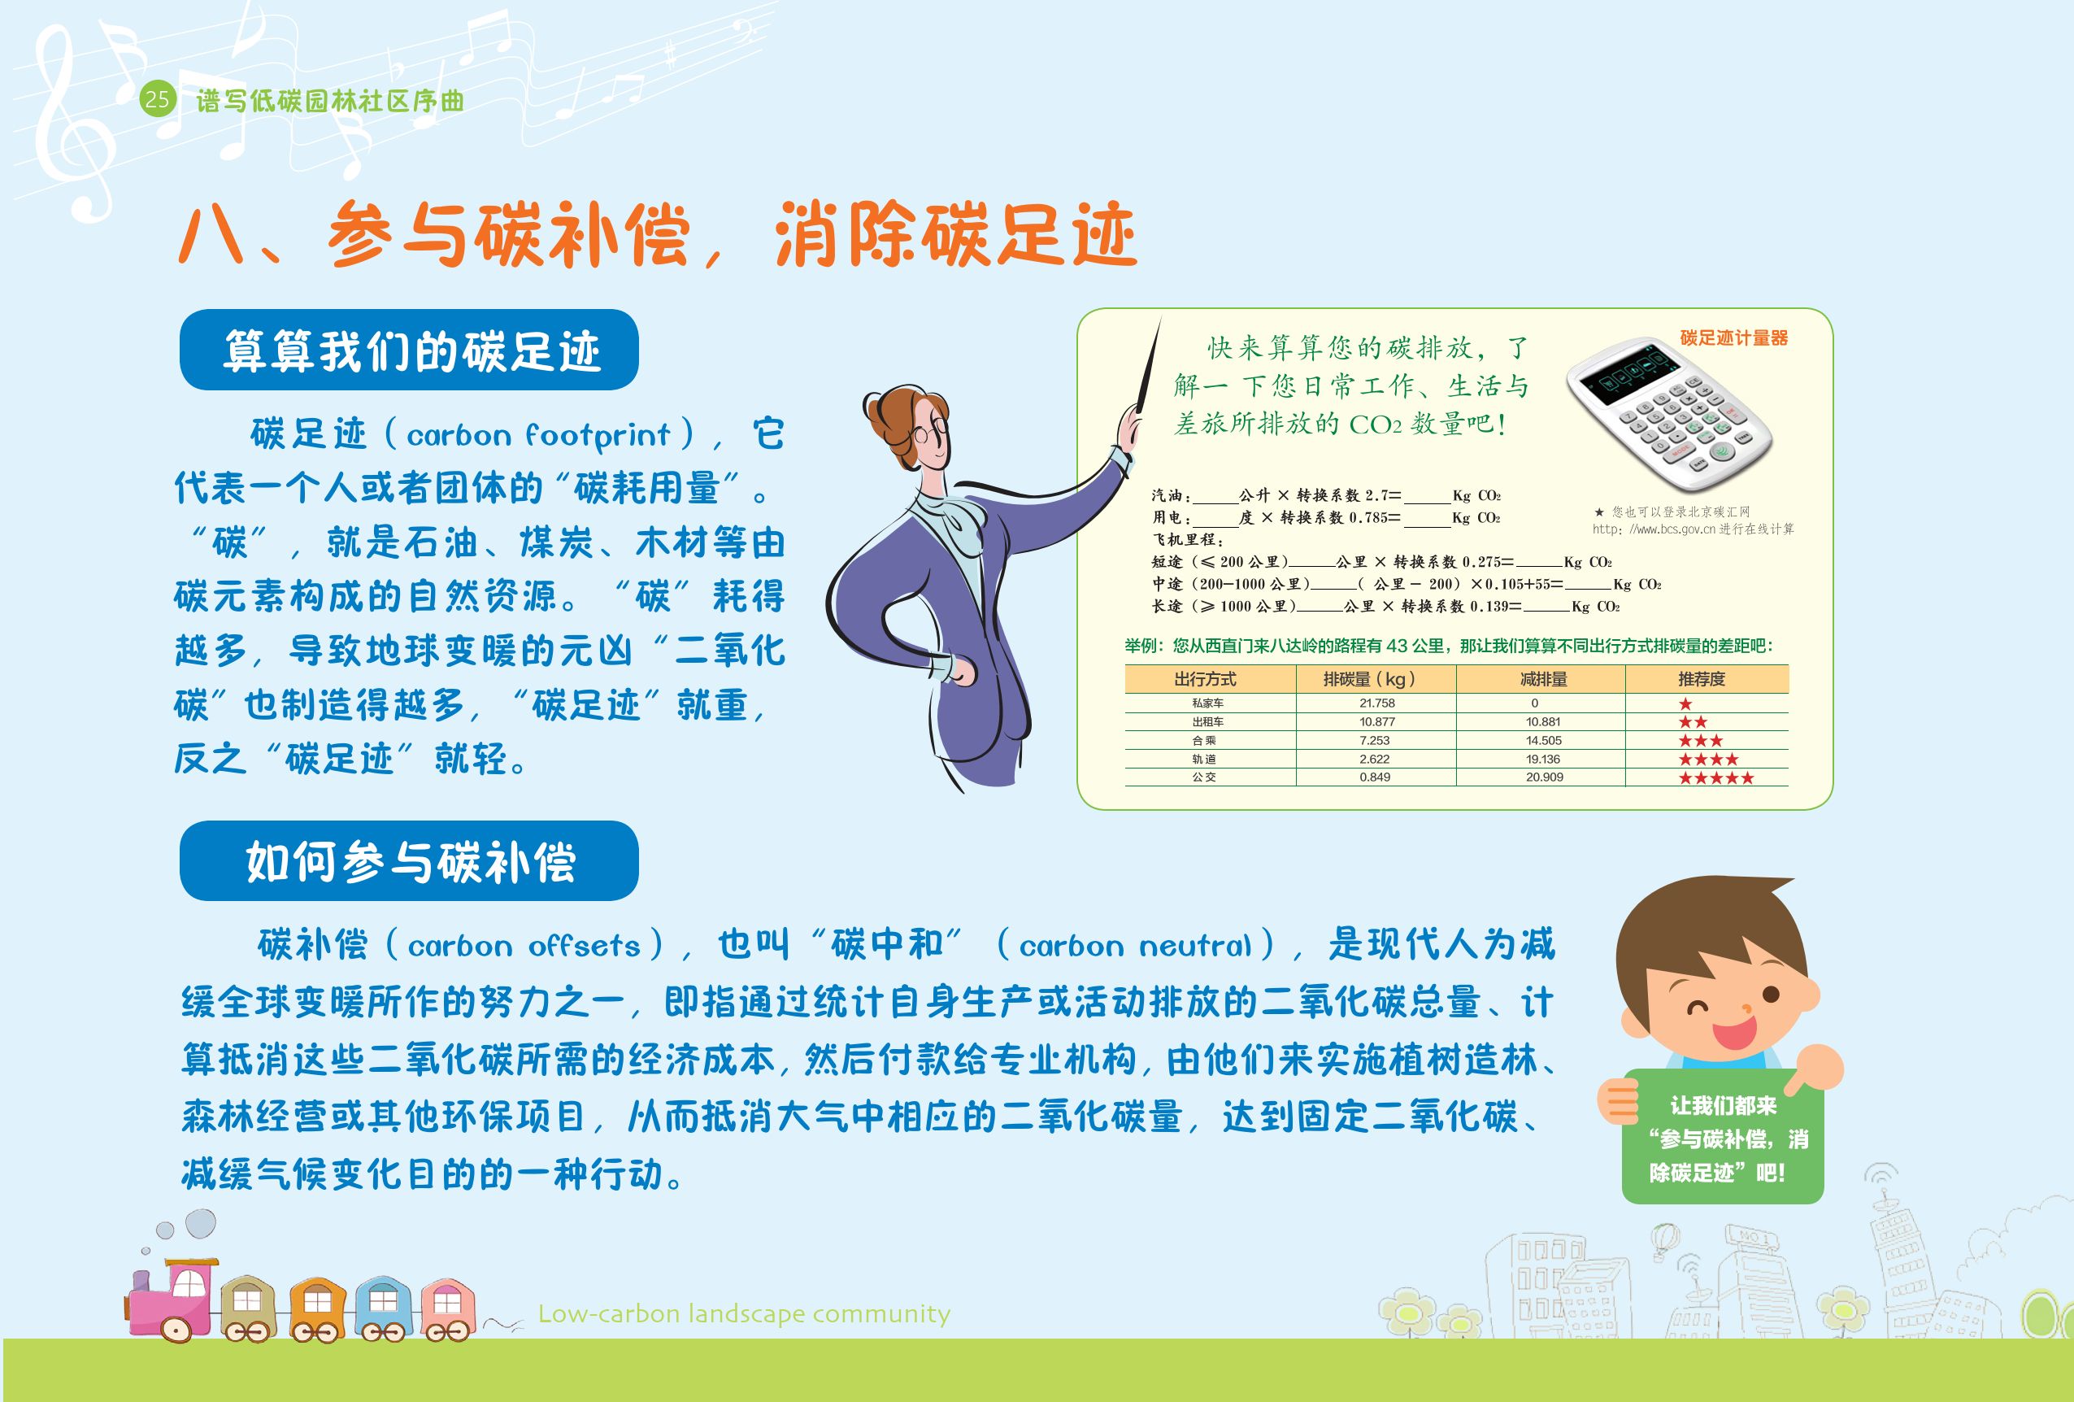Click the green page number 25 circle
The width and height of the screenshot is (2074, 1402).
[157, 99]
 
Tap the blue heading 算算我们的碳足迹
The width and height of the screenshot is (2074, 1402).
[411, 350]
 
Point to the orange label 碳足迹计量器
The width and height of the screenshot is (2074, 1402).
[1734, 338]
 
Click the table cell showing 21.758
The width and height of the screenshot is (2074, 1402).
[1377, 703]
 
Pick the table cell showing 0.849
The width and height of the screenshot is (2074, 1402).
[1376, 777]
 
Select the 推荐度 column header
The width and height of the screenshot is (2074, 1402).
[1702, 679]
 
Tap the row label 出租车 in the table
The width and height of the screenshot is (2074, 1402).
[1207, 722]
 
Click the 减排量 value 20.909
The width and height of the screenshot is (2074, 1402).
[1544, 777]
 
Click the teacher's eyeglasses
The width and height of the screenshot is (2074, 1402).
[930, 434]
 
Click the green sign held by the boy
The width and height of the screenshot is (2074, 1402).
[1724, 1136]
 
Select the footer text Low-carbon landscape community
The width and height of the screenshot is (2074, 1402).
[744, 1313]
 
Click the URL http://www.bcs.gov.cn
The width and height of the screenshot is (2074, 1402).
[1654, 529]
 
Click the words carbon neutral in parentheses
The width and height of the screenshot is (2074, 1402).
[1136, 945]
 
